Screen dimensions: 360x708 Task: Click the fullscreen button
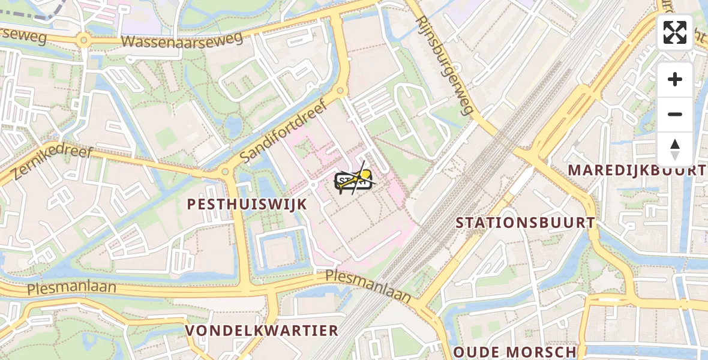[x=675, y=32]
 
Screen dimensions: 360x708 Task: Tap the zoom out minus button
[x=675, y=114]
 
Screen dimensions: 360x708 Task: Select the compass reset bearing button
[x=675, y=149]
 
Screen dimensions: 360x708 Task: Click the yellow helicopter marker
[x=355, y=180]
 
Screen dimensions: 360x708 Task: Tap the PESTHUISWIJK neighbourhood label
[x=247, y=204]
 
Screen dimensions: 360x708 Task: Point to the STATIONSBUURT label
[x=525, y=223]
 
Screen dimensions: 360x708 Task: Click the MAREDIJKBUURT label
[x=637, y=170]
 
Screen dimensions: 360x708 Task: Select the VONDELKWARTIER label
[x=262, y=331]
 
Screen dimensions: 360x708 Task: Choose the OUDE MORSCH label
[x=515, y=352]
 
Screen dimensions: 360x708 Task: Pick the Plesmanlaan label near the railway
[x=368, y=285]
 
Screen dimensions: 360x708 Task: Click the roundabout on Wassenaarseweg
[x=83, y=41]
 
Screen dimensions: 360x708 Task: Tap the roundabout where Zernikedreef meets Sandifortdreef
[x=225, y=172]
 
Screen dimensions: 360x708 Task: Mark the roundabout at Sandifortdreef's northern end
[x=340, y=91]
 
